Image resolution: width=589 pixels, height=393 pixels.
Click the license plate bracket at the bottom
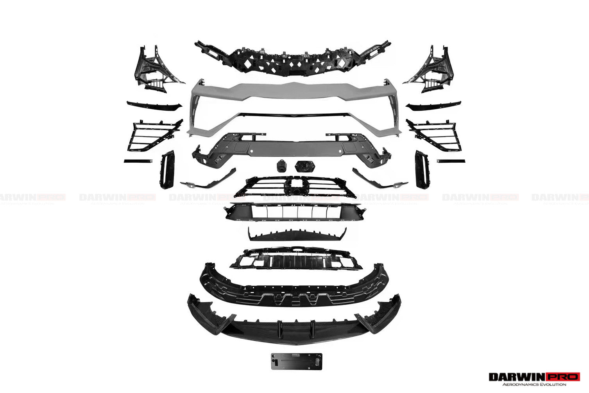click(296, 361)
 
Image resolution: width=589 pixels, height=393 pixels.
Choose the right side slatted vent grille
click(434, 135)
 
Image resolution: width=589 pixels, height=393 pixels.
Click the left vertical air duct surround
click(168, 170)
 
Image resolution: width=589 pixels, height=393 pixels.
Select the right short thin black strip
click(451, 161)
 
